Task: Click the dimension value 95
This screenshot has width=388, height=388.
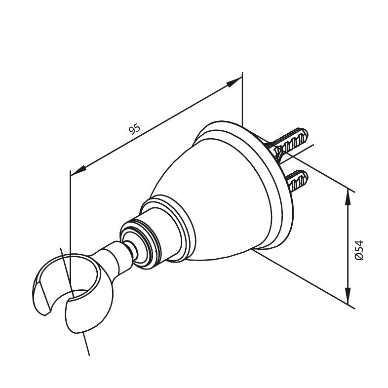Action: [134, 129]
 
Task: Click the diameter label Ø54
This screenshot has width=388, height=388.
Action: [359, 250]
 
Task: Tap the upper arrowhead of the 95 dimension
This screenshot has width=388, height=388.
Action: [233, 82]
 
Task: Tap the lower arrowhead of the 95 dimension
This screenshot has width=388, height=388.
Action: [78, 171]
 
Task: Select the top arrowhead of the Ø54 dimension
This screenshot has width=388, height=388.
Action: [348, 197]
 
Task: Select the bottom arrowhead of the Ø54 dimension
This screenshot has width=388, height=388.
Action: [348, 296]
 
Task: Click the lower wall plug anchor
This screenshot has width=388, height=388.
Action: [298, 180]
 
